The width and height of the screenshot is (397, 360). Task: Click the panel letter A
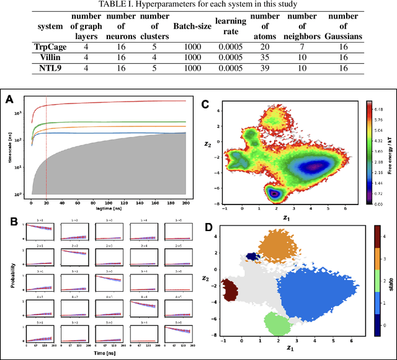[9, 99]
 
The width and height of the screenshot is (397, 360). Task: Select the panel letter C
[204, 103]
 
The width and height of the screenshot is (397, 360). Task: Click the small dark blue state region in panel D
[251, 256]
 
